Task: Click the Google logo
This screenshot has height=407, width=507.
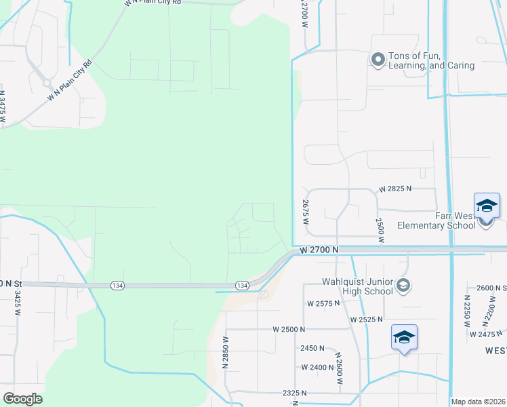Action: coord(23,399)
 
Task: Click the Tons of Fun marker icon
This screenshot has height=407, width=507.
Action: coord(378,60)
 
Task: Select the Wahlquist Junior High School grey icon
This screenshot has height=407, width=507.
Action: coord(403,285)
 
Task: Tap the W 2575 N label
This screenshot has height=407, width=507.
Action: coord(323,303)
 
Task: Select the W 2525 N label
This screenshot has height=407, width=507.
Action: coord(367,319)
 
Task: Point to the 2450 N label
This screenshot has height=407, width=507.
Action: coord(312,348)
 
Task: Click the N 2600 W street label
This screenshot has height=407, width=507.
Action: coord(338,368)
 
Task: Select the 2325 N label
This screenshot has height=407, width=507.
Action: coord(295,393)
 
